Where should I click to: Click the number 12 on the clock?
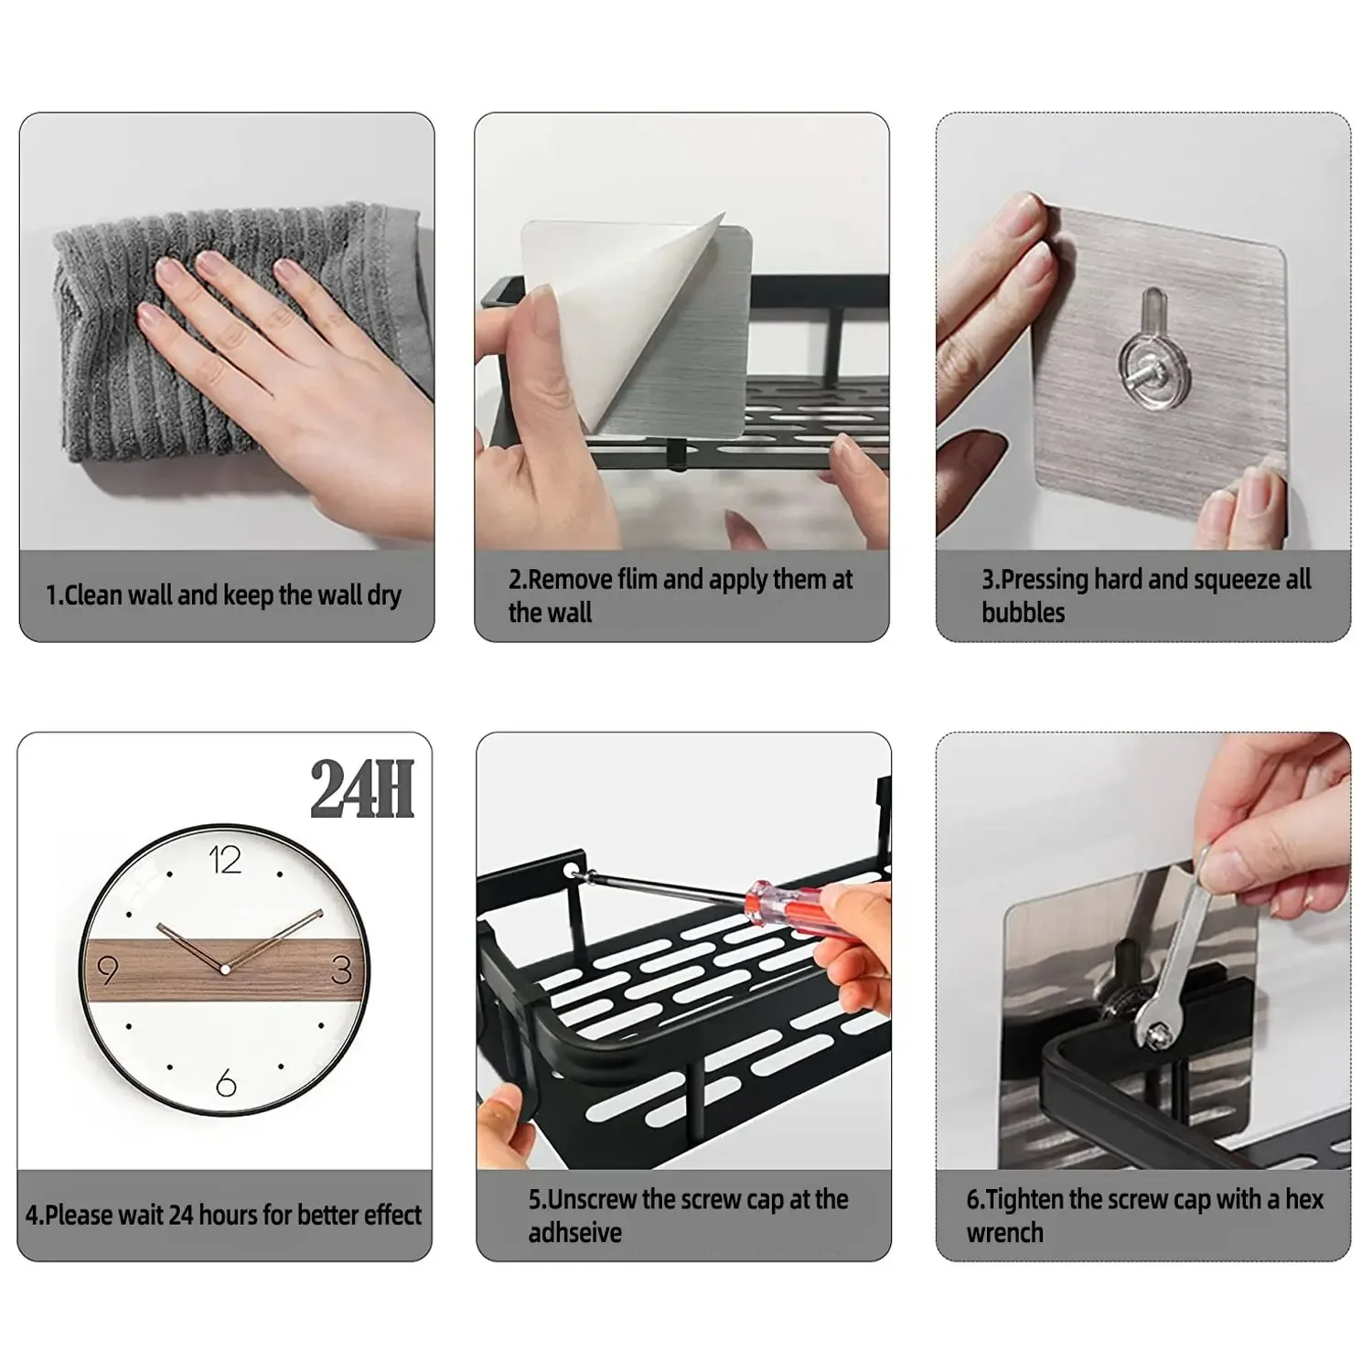click(225, 860)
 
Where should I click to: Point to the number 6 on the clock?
click(226, 1084)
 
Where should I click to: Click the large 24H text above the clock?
click(362, 789)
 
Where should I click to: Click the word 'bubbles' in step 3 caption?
click(1023, 613)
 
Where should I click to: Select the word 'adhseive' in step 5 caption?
click(574, 1233)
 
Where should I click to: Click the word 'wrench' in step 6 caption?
click(1004, 1233)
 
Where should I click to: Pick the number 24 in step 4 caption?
click(181, 1215)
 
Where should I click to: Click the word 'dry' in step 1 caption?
click(384, 596)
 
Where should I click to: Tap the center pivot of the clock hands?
click(225, 969)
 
